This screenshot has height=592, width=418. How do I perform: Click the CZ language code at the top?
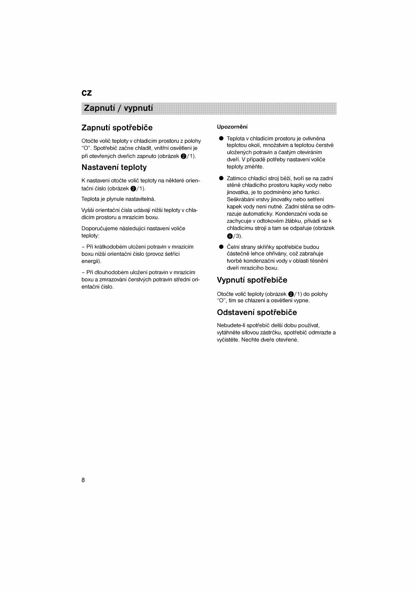86,93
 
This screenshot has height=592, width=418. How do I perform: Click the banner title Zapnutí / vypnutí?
117,108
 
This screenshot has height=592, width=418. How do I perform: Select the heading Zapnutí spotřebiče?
117,127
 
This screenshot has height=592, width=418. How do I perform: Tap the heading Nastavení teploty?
114,167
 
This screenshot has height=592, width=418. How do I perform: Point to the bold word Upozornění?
232,127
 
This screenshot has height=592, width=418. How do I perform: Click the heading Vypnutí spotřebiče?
252,280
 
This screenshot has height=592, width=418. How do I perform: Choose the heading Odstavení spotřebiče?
257,313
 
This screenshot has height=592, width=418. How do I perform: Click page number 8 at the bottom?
83,480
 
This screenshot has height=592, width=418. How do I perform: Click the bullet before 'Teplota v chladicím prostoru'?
221,139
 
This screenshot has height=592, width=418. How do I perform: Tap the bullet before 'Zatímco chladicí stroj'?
221,178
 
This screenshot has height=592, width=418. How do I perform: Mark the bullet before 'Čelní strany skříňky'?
221,247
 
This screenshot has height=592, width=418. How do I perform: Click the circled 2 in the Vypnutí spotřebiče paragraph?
290,294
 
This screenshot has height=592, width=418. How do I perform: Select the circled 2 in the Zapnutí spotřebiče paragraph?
183,156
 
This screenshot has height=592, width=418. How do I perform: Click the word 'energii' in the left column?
91,261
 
